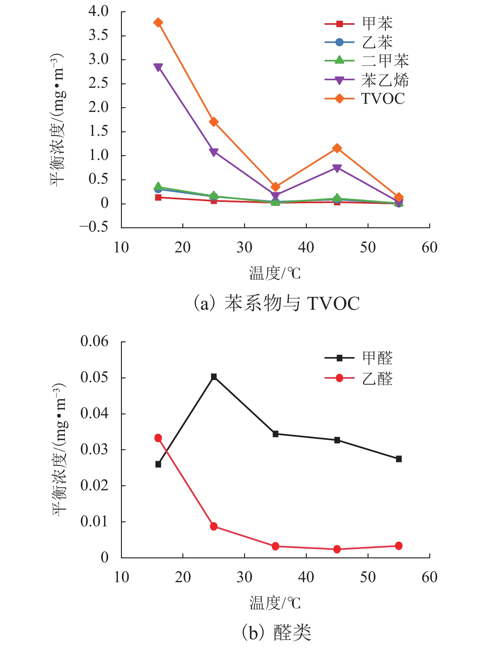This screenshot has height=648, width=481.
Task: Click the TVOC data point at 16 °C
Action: coord(158,22)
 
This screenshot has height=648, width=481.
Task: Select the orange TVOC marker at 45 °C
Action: coord(337,148)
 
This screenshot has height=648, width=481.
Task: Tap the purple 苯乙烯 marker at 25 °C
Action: coord(214,152)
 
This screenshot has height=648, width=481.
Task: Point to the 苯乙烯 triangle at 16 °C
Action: coord(158,67)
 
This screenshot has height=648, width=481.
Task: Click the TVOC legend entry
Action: coord(365,99)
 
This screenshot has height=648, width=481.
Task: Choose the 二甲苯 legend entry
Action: coord(367,61)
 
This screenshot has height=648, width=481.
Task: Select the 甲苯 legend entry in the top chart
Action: coord(359,23)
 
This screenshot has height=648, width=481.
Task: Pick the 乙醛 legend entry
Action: coord(359,378)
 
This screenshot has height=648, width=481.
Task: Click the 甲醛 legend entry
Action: coord(359,358)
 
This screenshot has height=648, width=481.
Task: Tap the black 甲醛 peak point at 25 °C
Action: coord(214,377)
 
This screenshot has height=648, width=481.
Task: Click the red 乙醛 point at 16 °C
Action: coord(158,438)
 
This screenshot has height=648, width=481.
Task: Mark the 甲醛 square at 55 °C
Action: coord(399,459)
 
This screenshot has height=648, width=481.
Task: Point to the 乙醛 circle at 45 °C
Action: coord(337,549)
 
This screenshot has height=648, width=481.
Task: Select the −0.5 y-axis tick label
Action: coord(94,227)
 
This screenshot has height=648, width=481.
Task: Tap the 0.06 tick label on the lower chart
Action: coord(94,341)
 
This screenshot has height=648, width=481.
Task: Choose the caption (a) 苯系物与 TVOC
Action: coord(276,303)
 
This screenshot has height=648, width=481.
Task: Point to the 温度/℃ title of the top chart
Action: coord(275,273)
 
